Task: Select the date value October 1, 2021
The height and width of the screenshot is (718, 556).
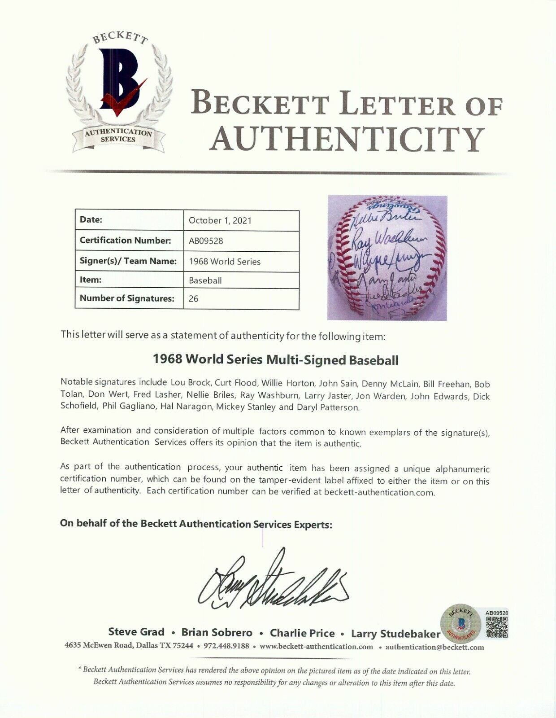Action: pyautogui.click(x=220, y=220)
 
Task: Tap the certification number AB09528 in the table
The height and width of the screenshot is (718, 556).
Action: pyautogui.click(x=206, y=241)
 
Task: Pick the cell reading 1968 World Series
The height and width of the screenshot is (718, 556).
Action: pyautogui.click(x=224, y=262)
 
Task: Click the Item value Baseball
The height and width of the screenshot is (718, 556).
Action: pyautogui.click(x=205, y=281)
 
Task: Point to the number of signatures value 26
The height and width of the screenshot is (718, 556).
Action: pyautogui.click(x=194, y=299)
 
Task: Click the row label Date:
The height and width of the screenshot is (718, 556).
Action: pyautogui.click(x=91, y=220)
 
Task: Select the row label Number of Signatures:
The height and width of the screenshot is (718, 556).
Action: pyautogui.click(x=127, y=298)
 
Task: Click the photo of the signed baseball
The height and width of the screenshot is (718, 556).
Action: pyautogui.click(x=387, y=257)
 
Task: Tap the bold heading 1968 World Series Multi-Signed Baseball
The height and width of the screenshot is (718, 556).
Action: pyautogui.click(x=275, y=359)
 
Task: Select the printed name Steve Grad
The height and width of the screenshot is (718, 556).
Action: pyautogui.click(x=136, y=632)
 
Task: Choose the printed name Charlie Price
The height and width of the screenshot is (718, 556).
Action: pyautogui.click(x=302, y=633)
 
